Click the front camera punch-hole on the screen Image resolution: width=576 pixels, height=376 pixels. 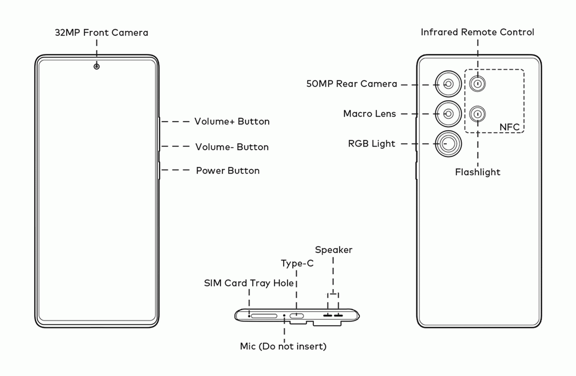click(96, 67)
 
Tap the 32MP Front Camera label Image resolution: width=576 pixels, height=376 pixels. click(101, 33)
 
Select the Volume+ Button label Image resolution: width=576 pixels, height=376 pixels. click(232, 122)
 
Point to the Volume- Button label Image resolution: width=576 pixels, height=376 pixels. click(232, 147)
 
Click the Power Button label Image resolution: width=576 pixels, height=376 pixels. click(228, 171)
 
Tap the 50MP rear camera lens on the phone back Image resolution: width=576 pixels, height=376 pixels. click(448, 84)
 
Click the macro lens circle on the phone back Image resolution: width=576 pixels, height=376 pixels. click(448, 114)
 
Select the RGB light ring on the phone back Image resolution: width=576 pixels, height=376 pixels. click(448, 144)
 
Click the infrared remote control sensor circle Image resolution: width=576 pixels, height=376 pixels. click(478, 84)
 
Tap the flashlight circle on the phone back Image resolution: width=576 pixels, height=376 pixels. click(478, 114)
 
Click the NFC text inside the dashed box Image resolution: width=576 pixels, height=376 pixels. click(509, 127)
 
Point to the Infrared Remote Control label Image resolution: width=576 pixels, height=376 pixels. click(477, 32)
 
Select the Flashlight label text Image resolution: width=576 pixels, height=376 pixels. click(478, 172)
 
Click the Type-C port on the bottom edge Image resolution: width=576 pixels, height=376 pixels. click(296, 316)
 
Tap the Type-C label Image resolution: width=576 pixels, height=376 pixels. click(297, 263)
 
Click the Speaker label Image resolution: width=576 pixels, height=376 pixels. click(334, 250)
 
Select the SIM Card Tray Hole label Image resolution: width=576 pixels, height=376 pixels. click(249, 283)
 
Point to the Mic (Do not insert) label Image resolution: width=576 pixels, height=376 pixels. click(283, 346)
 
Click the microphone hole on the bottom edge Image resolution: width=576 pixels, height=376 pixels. click(284, 316)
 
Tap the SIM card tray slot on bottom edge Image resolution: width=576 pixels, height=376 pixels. click(264, 316)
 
